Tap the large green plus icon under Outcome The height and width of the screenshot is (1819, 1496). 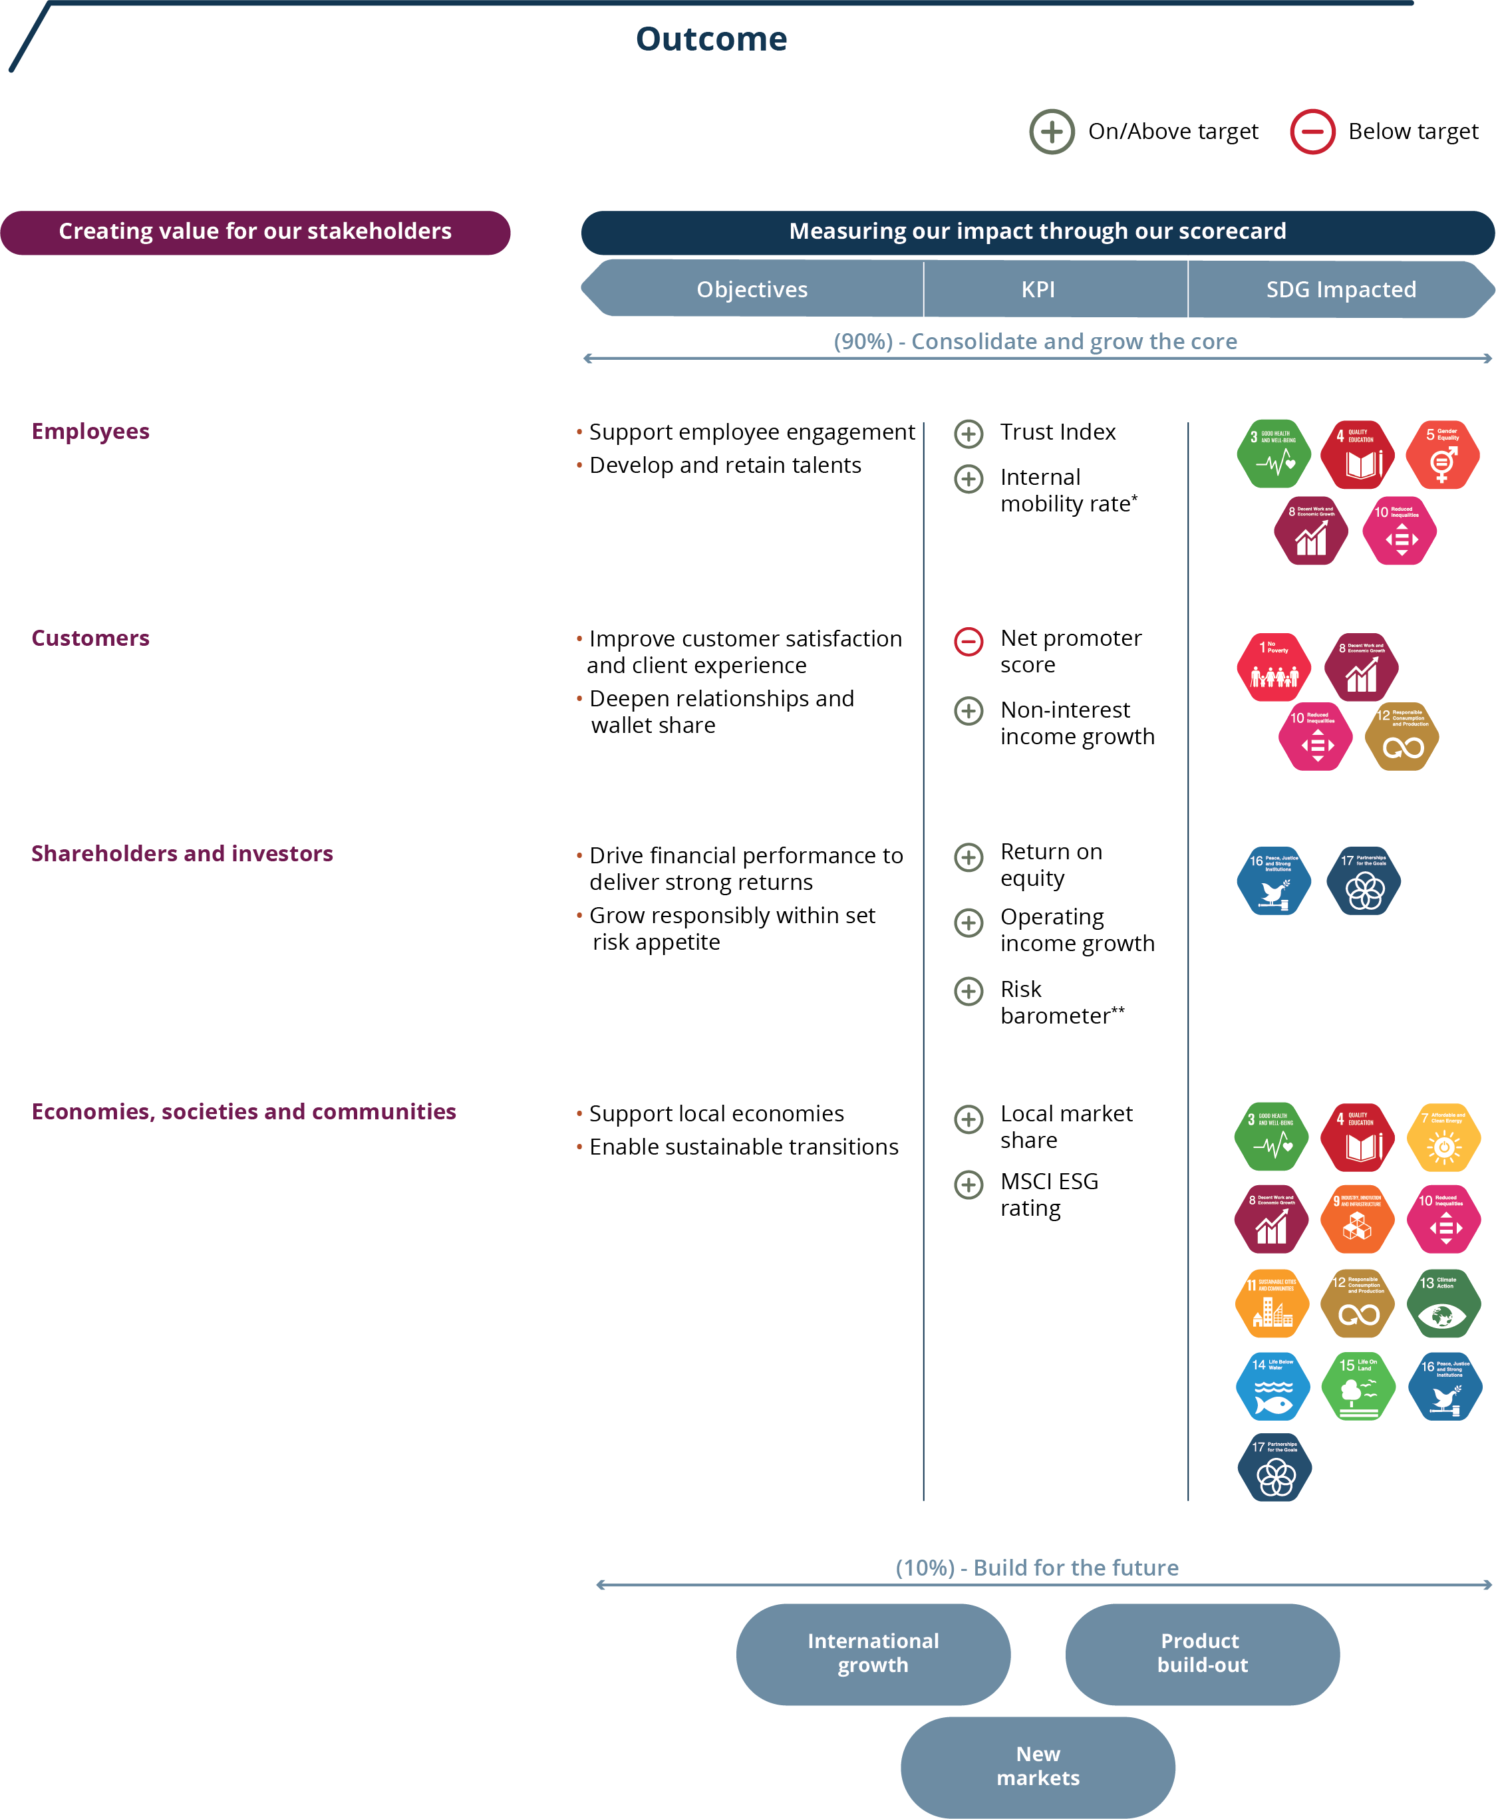point(1052,132)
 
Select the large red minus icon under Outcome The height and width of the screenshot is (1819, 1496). point(1312,132)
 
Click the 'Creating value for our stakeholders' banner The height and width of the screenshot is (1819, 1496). point(255,232)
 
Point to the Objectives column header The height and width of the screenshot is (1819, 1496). point(752,289)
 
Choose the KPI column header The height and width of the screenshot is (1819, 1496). point(1038,289)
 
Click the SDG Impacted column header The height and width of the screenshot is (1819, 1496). point(1340,289)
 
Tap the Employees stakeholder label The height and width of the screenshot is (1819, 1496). point(90,431)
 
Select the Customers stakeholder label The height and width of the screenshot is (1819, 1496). point(90,638)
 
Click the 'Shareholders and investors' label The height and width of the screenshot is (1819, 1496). point(182,853)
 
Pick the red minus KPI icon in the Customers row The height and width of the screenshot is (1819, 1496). point(968,641)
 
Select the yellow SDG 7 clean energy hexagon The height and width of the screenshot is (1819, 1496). point(1443,1137)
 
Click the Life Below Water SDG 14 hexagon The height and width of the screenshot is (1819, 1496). point(1272,1385)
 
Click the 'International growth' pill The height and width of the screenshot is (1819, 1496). point(872,1653)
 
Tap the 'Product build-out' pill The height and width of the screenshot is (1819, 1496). point(1201,1653)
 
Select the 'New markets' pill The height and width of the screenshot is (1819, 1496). point(1038,1766)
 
